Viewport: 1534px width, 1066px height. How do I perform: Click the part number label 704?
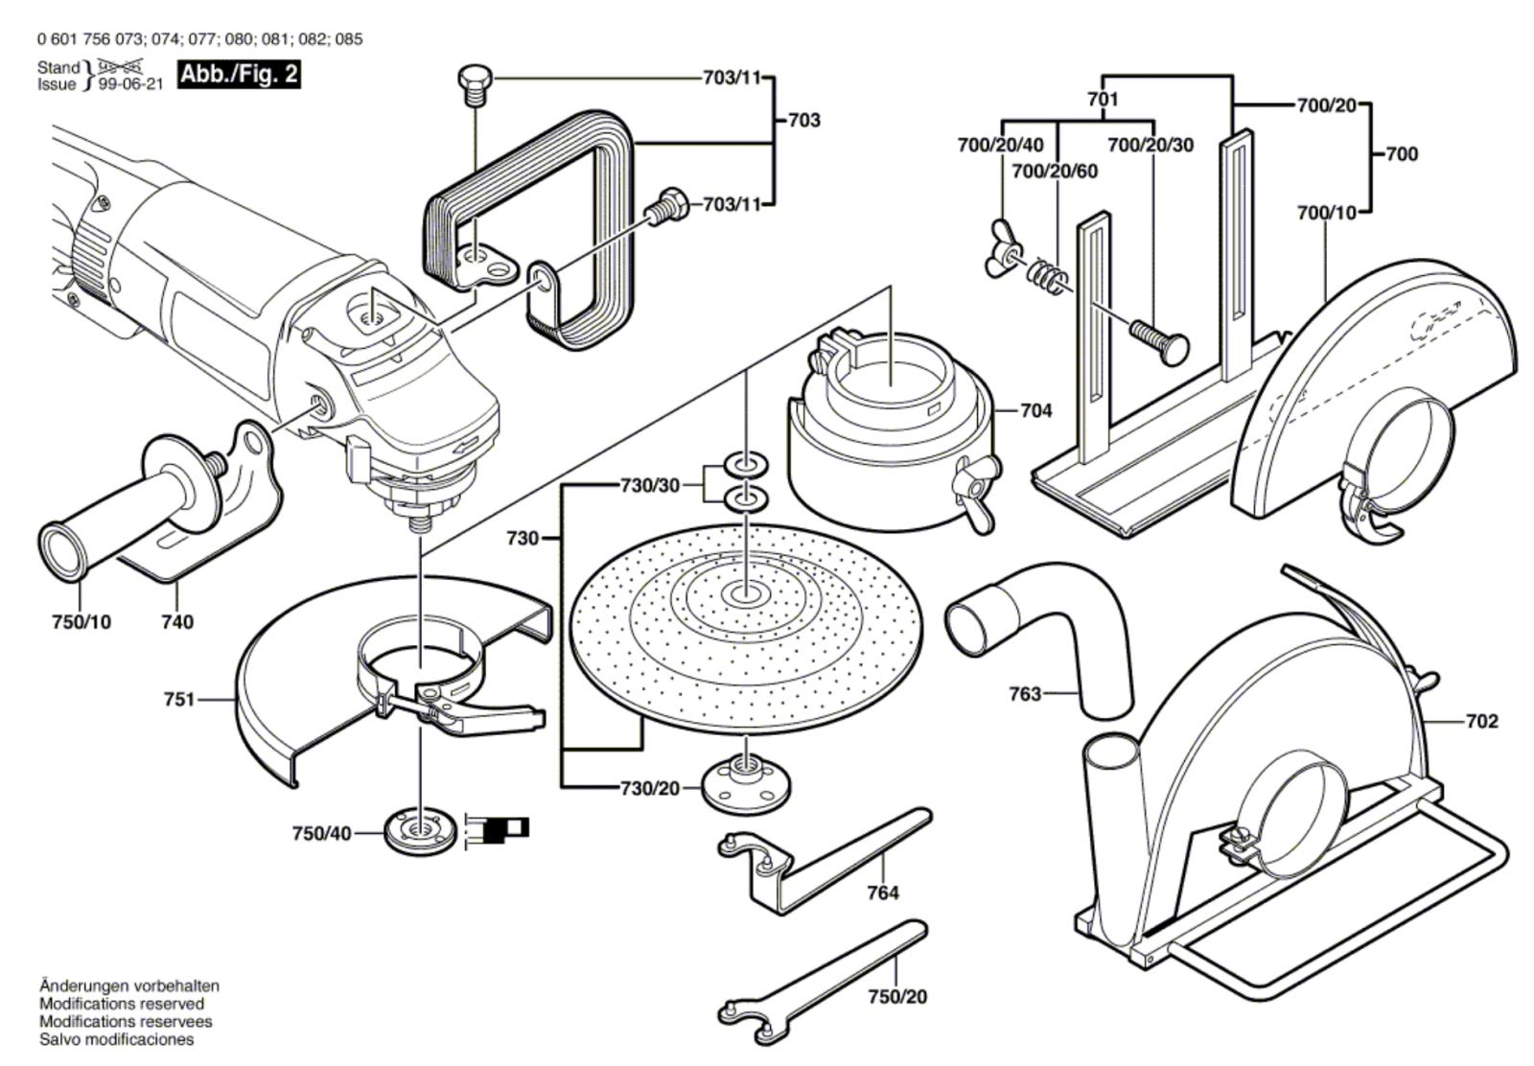coord(1035,410)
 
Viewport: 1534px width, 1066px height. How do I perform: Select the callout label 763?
coord(1025,693)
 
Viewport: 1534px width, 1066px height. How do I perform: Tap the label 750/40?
coord(322,834)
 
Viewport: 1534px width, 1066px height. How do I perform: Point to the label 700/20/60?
coord(1055,172)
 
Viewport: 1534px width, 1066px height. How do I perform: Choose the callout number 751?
coord(178,700)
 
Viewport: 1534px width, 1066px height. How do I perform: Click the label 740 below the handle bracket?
coord(176,622)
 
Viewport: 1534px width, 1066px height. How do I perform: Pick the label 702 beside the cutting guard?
coord(1481,721)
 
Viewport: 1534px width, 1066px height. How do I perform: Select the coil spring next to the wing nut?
coord(1045,277)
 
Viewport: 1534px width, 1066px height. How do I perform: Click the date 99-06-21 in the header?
coord(130,84)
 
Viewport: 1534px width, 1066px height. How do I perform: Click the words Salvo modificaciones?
coord(116,1039)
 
